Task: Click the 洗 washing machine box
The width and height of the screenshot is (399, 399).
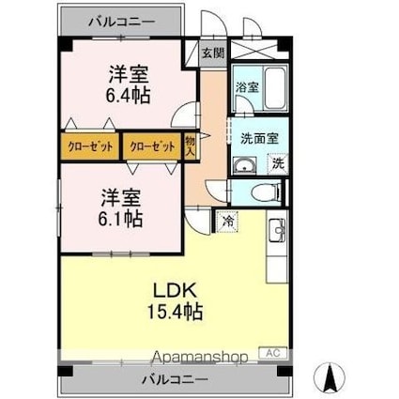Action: point(277,162)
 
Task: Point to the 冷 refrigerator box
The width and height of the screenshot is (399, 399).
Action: point(229,222)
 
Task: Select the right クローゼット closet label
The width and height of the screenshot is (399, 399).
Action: point(150,146)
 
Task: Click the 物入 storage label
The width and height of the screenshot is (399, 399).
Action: point(190,146)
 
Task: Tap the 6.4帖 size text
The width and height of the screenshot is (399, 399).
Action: point(130,95)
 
